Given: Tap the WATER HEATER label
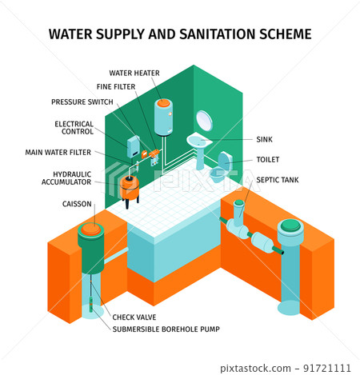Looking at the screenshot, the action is point(134,73).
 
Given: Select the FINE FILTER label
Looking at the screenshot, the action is point(116,86).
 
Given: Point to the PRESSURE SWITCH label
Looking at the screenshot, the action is point(82,102).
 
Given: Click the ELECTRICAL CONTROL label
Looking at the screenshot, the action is point(74,128).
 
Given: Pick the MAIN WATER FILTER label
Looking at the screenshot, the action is point(58,152).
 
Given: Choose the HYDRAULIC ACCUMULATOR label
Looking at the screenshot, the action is point(66,178).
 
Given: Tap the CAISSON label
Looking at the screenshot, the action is point(77,204).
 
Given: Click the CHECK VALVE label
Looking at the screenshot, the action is point(134,317).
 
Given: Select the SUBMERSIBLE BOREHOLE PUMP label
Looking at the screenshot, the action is point(166,329).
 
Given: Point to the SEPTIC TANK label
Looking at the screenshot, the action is point(278,180).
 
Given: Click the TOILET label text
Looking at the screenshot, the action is point(268,159).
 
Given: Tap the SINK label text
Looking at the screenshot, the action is point(264,139).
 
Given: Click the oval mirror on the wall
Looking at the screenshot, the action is point(204,121).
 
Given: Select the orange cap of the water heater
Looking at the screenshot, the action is point(163,103).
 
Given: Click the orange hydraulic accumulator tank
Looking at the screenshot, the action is point(129,188).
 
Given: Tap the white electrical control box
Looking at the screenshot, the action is point(134,146).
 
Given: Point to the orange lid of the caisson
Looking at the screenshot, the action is point(91,229).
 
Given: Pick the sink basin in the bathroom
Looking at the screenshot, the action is point(199,140).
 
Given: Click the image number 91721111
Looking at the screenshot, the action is point(327,368).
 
